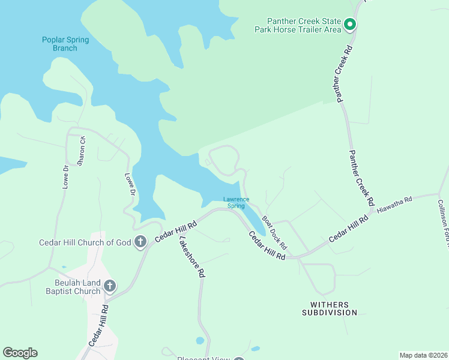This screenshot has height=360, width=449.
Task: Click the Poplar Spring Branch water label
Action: pos(65,44)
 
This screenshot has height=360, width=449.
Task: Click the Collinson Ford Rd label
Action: pos(442,222)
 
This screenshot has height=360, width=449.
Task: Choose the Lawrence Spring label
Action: pos(236,203)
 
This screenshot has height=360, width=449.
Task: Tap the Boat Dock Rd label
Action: pos(275,233)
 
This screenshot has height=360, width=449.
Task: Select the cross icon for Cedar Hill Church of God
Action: pos(140,242)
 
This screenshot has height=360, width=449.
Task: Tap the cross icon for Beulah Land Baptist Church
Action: pos(109,286)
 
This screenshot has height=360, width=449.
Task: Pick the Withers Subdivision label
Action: pos(330,308)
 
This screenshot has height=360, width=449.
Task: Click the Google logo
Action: pos(20,353)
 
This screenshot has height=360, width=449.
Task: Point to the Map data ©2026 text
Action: pos(423,355)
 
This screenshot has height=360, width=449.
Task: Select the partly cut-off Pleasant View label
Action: pos(203,358)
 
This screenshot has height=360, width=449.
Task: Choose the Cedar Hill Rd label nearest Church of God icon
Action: pos(176,232)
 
